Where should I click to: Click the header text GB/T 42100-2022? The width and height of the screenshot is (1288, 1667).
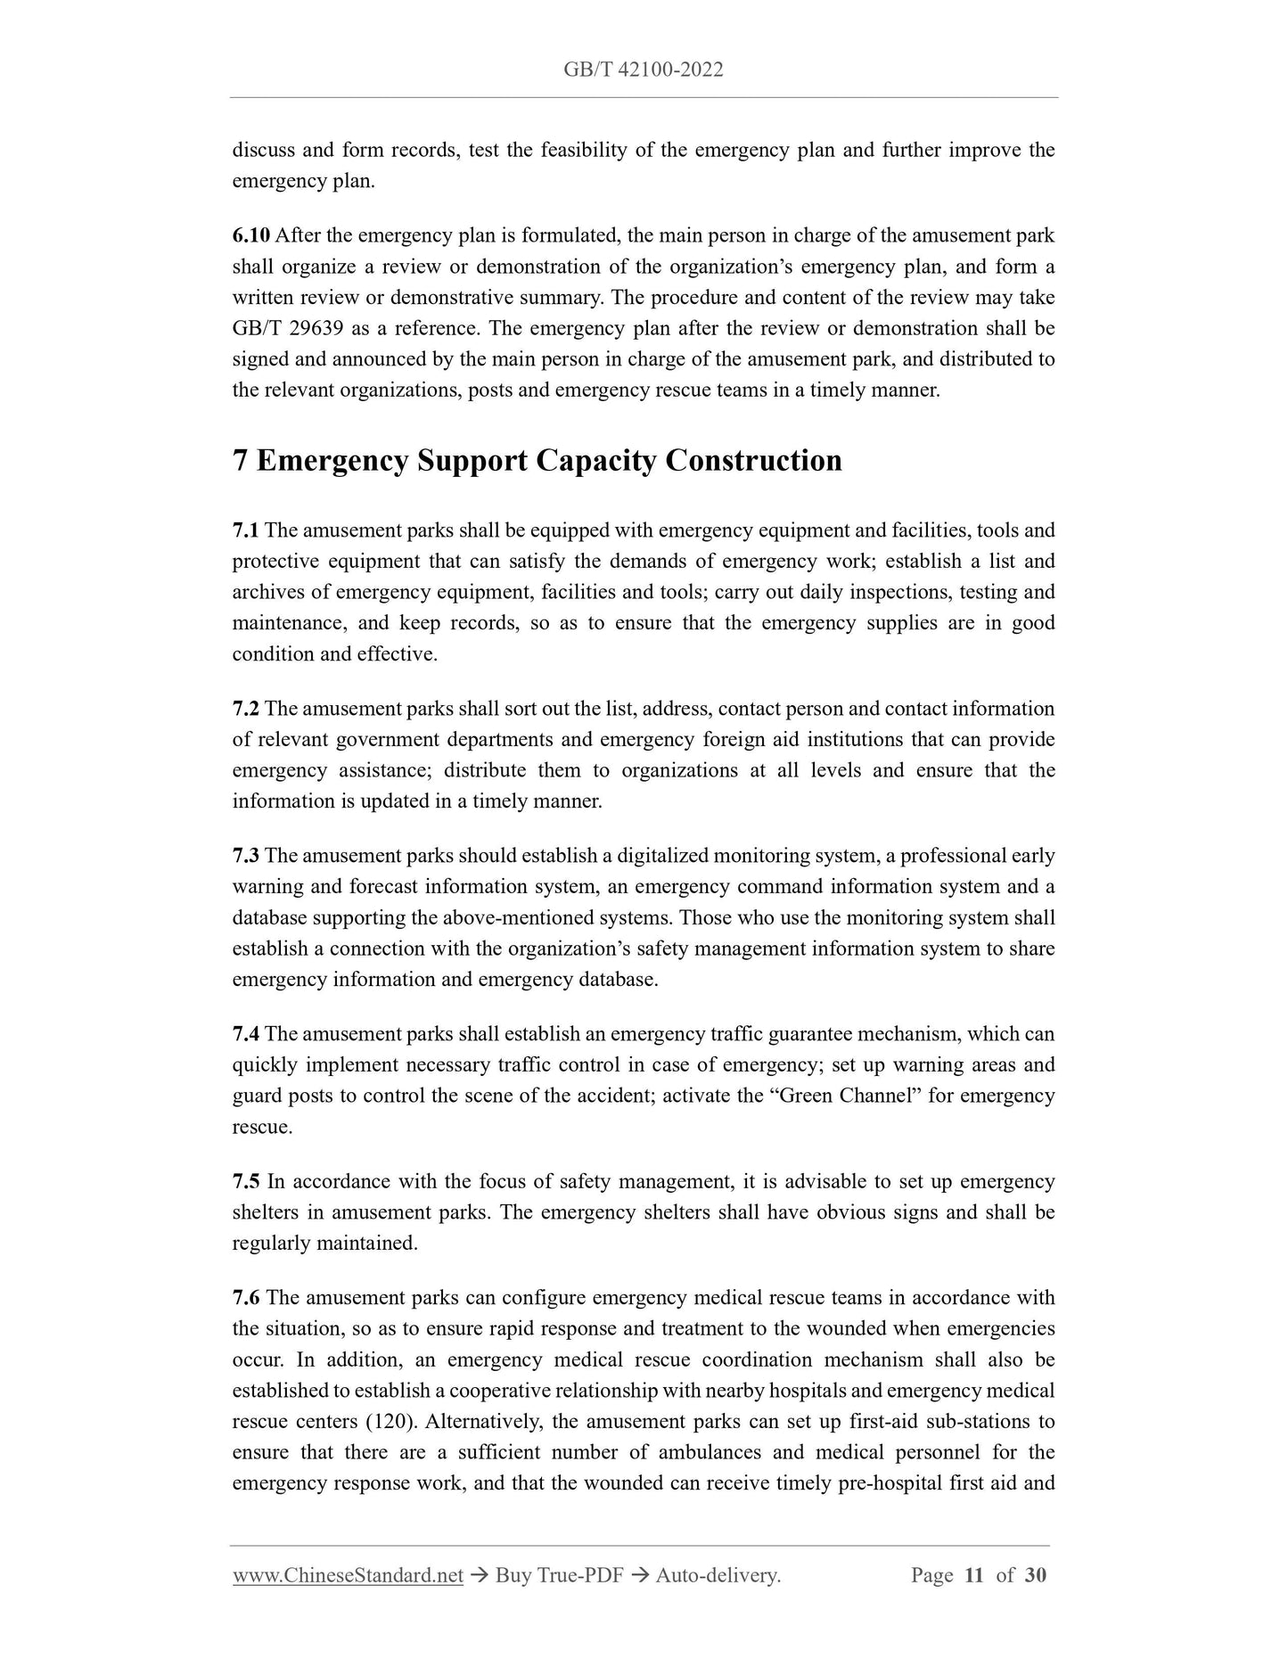tap(643, 70)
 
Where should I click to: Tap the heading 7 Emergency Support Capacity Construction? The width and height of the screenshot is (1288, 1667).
tap(537, 461)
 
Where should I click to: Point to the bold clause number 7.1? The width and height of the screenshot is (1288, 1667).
tap(245, 531)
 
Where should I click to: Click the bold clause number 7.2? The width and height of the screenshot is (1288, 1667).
tap(245, 710)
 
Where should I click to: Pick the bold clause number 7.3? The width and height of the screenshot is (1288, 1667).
tap(245, 857)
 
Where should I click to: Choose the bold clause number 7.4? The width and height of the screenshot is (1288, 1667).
tap(245, 1035)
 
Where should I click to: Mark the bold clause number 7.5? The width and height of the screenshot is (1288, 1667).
tap(245, 1182)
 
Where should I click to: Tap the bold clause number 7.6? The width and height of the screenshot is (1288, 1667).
tap(245, 1298)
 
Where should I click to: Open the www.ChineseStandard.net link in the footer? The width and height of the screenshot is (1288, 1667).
tap(348, 1576)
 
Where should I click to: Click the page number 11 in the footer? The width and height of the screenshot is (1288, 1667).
tap(974, 1576)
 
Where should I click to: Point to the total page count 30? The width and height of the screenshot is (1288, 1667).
tap(1035, 1576)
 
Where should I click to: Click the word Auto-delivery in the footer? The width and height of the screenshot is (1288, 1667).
tap(717, 1576)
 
